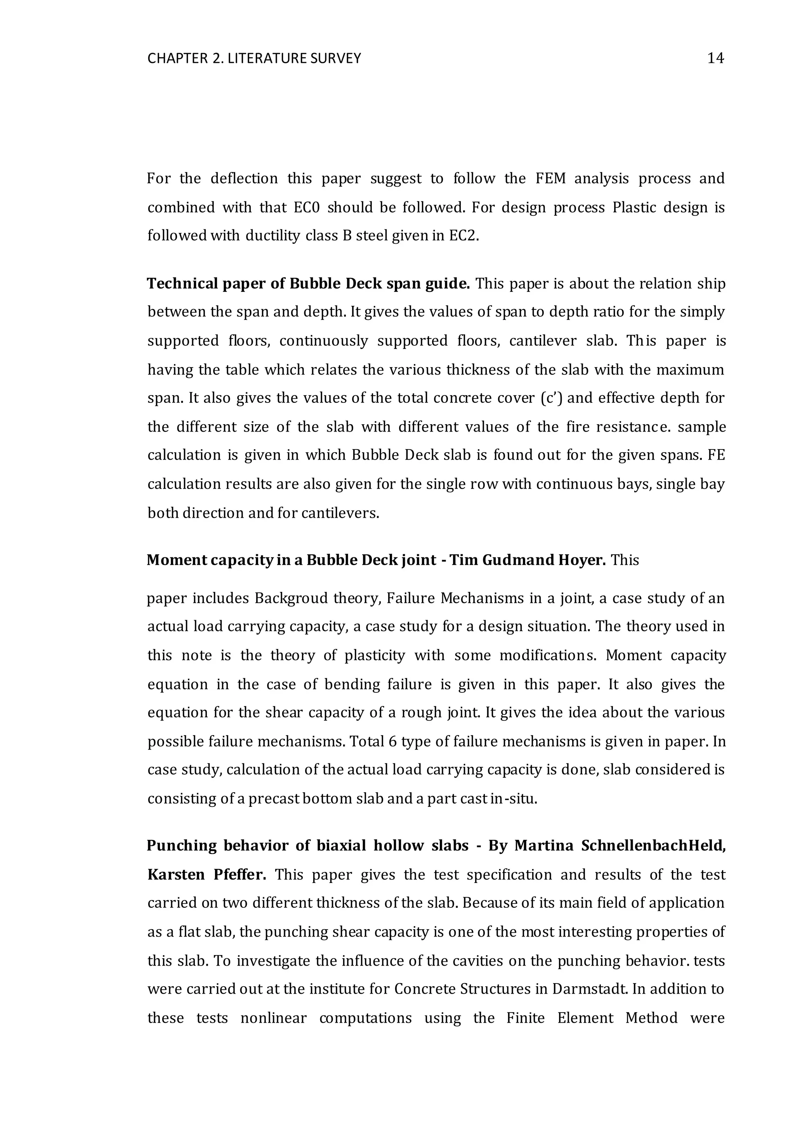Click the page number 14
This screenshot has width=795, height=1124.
715,59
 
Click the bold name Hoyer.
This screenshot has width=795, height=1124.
581,560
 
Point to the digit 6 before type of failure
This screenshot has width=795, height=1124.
392,742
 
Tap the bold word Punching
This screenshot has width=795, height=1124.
182,846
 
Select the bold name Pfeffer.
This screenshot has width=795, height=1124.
240,875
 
